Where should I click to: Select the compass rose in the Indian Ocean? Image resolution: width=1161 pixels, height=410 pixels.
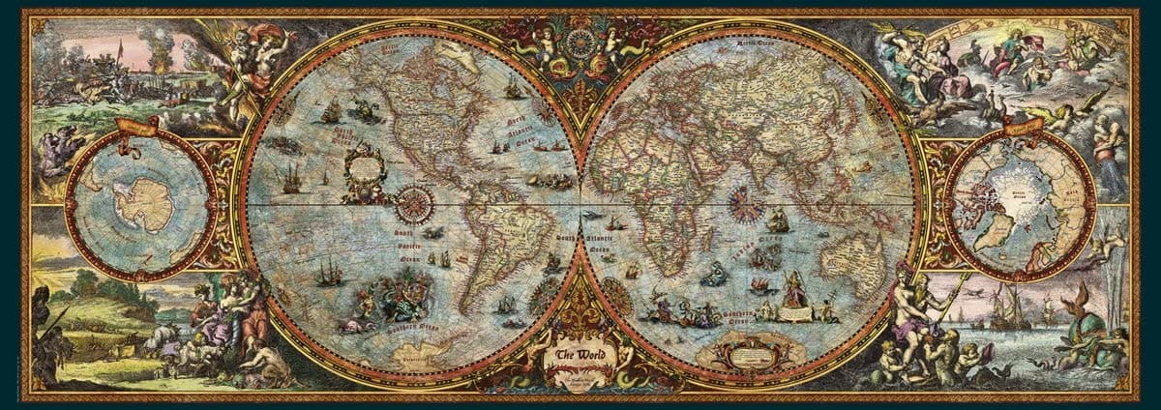click(743, 203)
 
